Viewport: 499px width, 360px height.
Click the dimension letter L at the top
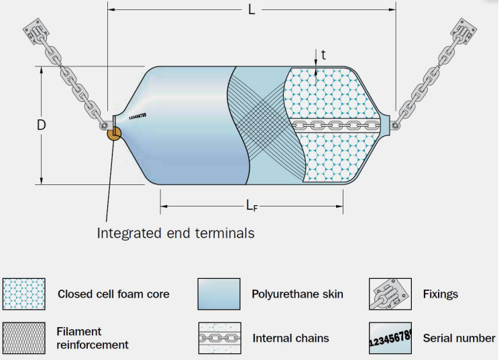coord(252,9)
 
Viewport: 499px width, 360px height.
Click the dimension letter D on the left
coord(41,125)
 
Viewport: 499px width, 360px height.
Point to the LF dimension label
coord(252,206)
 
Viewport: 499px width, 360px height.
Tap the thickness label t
coord(324,55)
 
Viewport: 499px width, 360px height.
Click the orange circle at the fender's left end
coord(114,133)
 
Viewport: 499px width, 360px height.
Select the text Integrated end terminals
coord(176,233)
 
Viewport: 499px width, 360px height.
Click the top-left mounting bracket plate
coord(36,30)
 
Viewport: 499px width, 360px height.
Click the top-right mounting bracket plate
coord(463,30)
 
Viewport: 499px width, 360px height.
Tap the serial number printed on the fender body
coord(137,117)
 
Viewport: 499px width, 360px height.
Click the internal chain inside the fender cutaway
coord(336,125)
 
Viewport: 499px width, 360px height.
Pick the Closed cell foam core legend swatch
coord(24,294)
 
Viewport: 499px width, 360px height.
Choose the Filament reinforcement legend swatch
coord(24,338)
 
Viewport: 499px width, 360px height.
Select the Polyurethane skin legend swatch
coord(219,294)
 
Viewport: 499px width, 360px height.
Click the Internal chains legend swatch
coord(219,338)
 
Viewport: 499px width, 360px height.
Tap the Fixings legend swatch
coord(390,294)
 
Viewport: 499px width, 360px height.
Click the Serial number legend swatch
coord(390,338)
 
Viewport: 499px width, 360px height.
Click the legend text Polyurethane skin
coord(298,294)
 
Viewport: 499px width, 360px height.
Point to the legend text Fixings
coord(441,294)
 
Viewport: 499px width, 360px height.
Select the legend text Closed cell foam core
coord(113,294)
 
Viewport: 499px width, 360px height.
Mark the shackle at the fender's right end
coord(395,125)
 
